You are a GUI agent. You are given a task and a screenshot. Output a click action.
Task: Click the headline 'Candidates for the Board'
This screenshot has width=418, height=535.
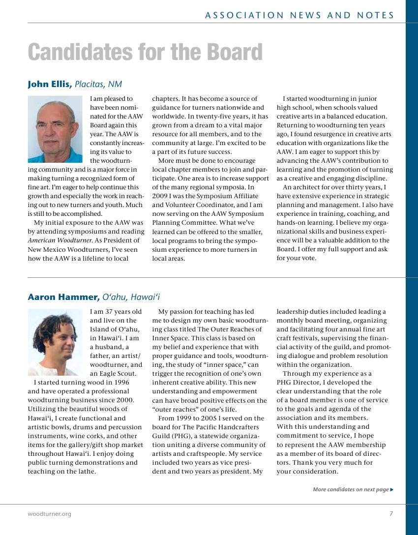[x=145, y=53]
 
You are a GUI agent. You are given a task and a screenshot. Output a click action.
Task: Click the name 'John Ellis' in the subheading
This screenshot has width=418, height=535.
[x=50, y=84]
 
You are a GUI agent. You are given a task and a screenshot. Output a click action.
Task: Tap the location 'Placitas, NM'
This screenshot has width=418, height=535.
[x=98, y=84]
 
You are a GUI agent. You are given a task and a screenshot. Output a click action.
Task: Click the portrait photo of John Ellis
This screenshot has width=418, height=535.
[x=55, y=129]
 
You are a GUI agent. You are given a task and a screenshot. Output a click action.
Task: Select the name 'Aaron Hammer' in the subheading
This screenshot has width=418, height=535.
[x=63, y=297]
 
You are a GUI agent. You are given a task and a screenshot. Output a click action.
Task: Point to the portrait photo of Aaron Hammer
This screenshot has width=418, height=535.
[x=55, y=342]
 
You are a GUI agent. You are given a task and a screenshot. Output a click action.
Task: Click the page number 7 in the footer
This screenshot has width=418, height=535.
[x=391, y=514]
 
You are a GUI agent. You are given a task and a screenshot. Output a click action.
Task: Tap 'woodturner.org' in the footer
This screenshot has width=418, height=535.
[x=49, y=514]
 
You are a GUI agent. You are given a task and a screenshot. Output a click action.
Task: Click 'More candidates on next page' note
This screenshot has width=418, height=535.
[x=351, y=489]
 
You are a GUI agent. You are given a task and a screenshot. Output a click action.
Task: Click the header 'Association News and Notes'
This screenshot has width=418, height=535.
[x=299, y=15]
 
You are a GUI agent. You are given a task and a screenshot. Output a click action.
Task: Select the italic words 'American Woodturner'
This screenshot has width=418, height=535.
[x=55, y=240]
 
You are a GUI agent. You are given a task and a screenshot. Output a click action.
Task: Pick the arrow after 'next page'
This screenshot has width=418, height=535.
[x=392, y=489]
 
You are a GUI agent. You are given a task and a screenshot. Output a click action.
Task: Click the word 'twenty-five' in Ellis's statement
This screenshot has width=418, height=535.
[x=212, y=116]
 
